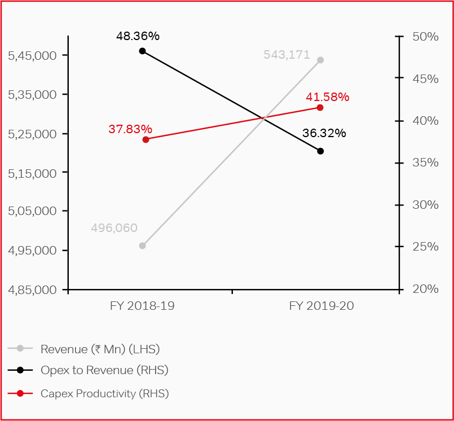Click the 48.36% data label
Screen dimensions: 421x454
pyautogui.click(x=138, y=36)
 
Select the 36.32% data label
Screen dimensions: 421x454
pyautogui.click(x=324, y=134)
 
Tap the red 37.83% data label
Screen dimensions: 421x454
pyautogui.click(x=130, y=129)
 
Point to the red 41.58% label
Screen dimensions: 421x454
pyautogui.click(x=328, y=97)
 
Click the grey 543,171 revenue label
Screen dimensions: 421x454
pyautogui.click(x=286, y=55)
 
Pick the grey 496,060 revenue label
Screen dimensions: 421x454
pyautogui.click(x=114, y=228)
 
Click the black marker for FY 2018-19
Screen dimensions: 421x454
pyautogui.click(x=142, y=51)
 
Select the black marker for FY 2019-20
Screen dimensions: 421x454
pyautogui.click(x=320, y=151)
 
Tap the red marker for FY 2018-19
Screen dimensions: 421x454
pyautogui.click(x=146, y=139)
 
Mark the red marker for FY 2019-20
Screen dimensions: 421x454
pyautogui.click(x=320, y=107)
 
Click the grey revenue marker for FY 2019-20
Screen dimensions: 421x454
pyautogui.click(x=320, y=60)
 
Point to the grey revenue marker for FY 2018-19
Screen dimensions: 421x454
pyautogui.click(x=142, y=245)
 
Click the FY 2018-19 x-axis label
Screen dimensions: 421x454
pyautogui.click(x=142, y=306)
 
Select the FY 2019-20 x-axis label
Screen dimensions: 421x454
pyautogui.click(x=321, y=306)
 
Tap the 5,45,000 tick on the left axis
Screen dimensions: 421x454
pyautogui.click(x=33, y=55)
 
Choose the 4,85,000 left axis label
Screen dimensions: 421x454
pyautogui.click(x=33, y=290)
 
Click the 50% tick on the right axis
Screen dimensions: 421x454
pyautogui.click(x=425, y=37)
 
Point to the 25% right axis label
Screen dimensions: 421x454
pyautogui.click(x=425, y=247)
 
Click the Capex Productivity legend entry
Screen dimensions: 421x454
pyautogui.click(x=104, y=393)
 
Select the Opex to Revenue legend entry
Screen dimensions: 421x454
pyautogui.click(x=104, y=370)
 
